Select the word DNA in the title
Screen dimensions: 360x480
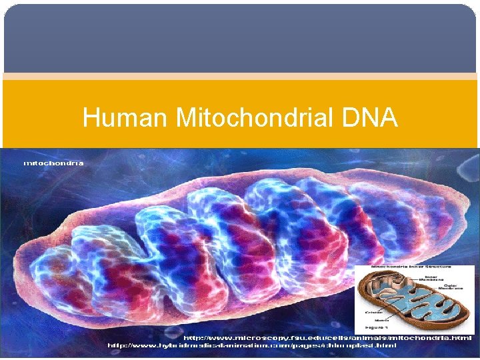[x=371, y=119]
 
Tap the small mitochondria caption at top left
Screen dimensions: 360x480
[x=53, y=162]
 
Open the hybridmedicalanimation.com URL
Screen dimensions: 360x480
[x=253, y=345]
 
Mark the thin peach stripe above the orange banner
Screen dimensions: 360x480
[x=240, y=76]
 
